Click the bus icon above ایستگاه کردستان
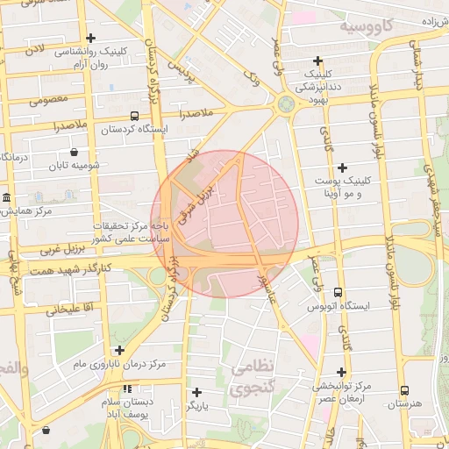(x=134, y=115)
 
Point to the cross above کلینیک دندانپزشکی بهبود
(x=318, y=61)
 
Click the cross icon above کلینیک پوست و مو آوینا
(x=342, y=167)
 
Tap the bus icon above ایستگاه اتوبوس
(x=339, y=293)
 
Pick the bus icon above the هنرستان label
(x=404, y=390)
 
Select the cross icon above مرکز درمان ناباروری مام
(x=119, y=350)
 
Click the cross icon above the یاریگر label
(x=196, y=392)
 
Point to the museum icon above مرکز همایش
(x=6, y=197)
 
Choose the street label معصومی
(x=48, y=99)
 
